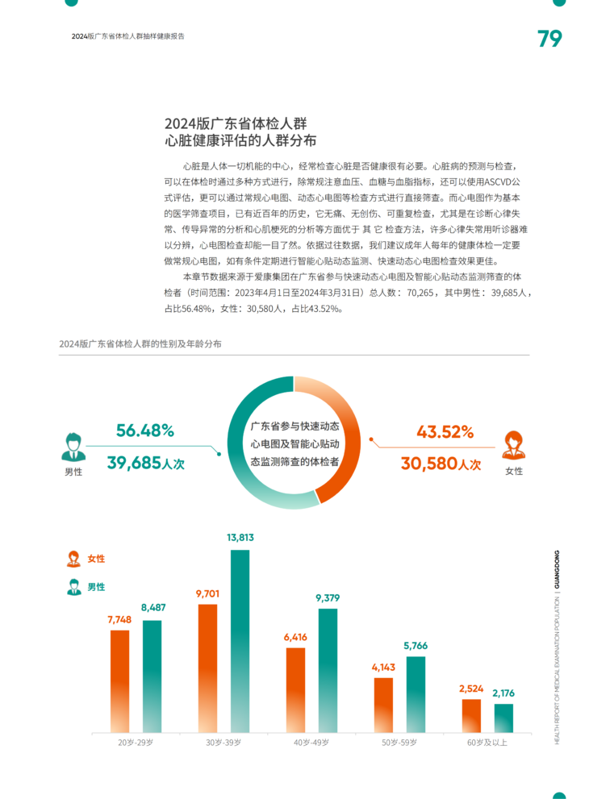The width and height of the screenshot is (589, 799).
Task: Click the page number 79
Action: point(549,38)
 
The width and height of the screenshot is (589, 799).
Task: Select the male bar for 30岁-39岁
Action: point(240,640)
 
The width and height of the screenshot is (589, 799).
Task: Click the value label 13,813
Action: point(240,537)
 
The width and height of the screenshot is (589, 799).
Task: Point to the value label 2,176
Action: point(503,693)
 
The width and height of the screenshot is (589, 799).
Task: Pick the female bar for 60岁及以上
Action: point(471,715)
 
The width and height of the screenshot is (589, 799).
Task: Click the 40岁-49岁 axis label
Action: point(311,742)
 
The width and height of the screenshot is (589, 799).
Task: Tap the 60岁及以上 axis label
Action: point(487,742)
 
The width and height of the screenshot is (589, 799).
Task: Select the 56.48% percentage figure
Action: point(145,431)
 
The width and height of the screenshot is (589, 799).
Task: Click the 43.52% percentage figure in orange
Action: point(445,431)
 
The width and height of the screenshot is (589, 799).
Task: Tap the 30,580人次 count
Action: point(441,464)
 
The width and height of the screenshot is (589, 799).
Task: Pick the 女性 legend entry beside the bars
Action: point(86,558)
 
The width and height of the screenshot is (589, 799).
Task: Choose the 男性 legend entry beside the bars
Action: point(86,587)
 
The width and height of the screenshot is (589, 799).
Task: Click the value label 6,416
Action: point(295,637)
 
